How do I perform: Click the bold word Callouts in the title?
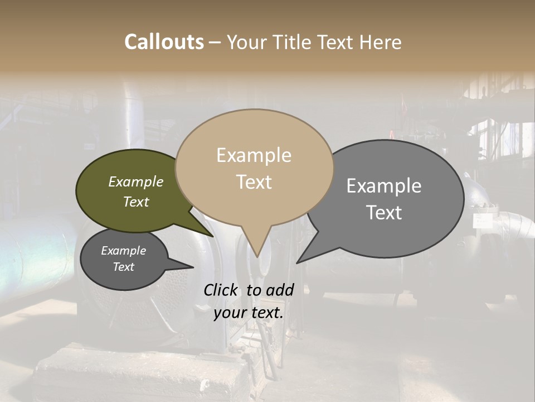point(164,42)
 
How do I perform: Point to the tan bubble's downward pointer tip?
point(256,257)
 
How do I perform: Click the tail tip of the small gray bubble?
point(193,267)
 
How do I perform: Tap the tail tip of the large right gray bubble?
point(297,262)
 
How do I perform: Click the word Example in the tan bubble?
point(254,155)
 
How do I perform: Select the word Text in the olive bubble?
point(136,202)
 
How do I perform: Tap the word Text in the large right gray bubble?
point(384,212)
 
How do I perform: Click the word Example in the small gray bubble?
point(123,251)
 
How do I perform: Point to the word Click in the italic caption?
point(221,290)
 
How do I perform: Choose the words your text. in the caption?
point(249,313)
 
